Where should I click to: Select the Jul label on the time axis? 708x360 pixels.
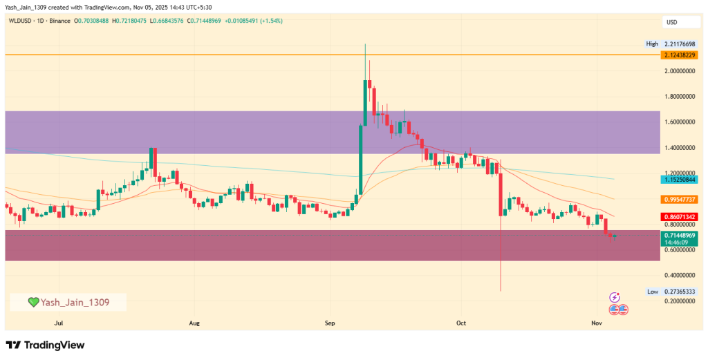coord(59,322)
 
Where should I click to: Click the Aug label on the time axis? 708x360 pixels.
coord(194,322)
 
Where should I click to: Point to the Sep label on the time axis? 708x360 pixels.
coord(330,322)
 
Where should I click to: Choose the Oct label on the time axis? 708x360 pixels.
coord(461,322)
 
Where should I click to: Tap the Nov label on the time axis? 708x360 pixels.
coord(597,322)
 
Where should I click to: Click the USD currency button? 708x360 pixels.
coord(671,22)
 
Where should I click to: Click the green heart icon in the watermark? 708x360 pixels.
coord(32,302)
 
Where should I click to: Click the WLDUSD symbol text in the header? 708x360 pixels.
coord(20,21)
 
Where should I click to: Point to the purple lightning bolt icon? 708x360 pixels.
coord(615,297)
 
